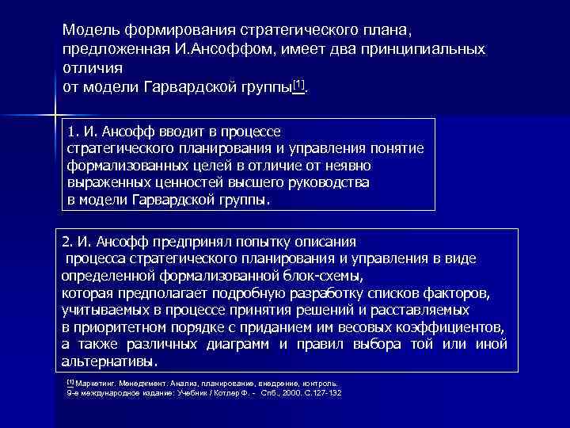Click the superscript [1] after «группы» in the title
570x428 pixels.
(298, 84)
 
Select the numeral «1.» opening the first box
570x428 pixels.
(74, 131)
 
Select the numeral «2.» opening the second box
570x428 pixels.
(68, 241)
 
